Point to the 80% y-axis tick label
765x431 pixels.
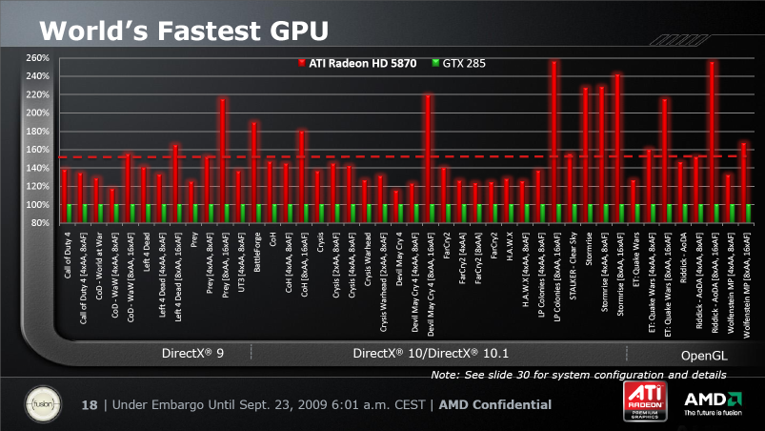[38, 223]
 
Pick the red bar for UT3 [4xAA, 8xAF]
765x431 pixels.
[238, 187]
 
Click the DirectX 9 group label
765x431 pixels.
[192, 353]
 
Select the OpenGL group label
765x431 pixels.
[703, 354]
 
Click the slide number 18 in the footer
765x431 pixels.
[90, 405]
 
